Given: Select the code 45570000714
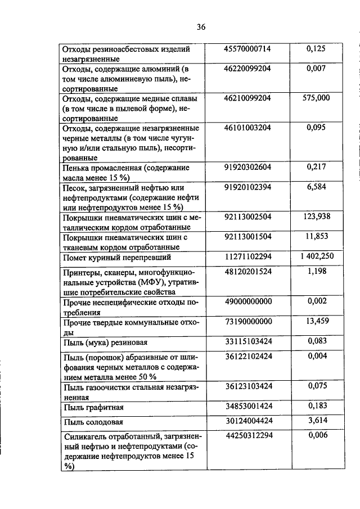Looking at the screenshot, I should click(x=247, y=49).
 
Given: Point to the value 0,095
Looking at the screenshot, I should click(x=316, y=128).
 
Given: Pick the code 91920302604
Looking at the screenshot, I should click(x=247, y=167).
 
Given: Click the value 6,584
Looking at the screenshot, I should click(x=316, y=186).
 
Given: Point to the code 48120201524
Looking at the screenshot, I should click(x=247, y=271).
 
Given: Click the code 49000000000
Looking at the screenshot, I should click(x=247, y=301).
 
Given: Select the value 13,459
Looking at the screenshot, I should click(x=316, y=321).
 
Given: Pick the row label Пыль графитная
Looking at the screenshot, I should click(x=93, y=407).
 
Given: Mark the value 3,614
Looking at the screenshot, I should click(x=316, y=420).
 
